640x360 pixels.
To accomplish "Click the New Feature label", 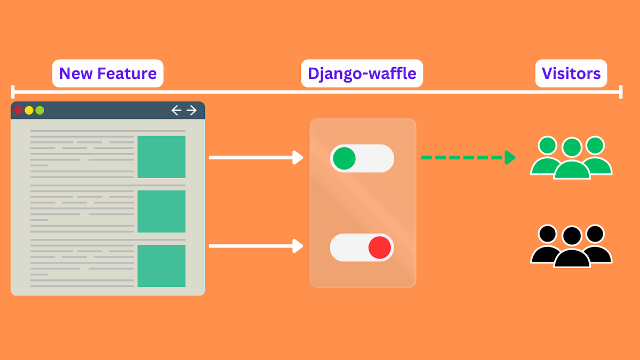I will click(x=108, y=74).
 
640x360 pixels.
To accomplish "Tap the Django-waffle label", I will click(x=362, y=74).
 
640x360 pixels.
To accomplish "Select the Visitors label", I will click(x=571, y=74).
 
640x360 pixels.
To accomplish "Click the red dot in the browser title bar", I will click(x=18, y=110).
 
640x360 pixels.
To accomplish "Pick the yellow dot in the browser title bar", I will click(x=29, y=110).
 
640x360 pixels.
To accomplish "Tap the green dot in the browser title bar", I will click(x=39, y=110).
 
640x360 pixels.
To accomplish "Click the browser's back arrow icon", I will click(x=177, y=110).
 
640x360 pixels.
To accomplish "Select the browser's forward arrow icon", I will click(x=191, y=110).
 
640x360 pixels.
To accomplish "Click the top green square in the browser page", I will click(x=161, y=157).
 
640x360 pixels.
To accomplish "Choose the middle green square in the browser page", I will click(x=161, y=211).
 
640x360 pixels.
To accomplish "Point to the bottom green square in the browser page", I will click(x=161, y=266).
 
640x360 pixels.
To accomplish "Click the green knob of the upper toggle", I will click(x=345, y=158).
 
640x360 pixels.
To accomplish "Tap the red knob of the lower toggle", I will click(x=380, y=248).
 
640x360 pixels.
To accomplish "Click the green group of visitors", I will click(x=571, y=158).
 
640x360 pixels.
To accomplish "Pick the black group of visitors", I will click(x=571, y=246).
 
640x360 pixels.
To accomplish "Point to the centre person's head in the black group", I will click(x=572, y=236).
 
